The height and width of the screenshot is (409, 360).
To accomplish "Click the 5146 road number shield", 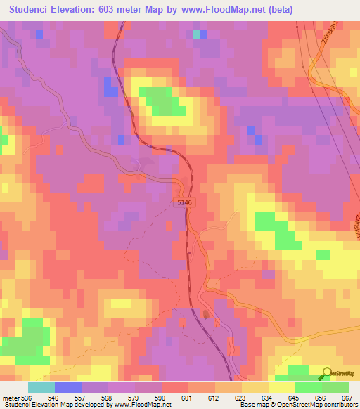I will [x=185, y=202].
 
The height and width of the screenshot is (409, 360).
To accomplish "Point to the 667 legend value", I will [x=346, y=398].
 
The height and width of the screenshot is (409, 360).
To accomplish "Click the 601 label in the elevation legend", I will [x=186, y=398].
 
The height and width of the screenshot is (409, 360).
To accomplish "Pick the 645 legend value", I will [x=292, y=398].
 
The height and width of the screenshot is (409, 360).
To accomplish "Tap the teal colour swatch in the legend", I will [x=41, y=387].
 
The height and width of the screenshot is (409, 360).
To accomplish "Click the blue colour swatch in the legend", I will [x=68, y=387].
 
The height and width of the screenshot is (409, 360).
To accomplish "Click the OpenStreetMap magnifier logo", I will [x=326, y=373].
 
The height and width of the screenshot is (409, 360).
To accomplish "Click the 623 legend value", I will [x=239, y=398].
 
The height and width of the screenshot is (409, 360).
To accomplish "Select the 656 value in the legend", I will [x=319, y=398].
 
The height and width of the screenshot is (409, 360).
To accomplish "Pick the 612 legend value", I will [x=213, y=398].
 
